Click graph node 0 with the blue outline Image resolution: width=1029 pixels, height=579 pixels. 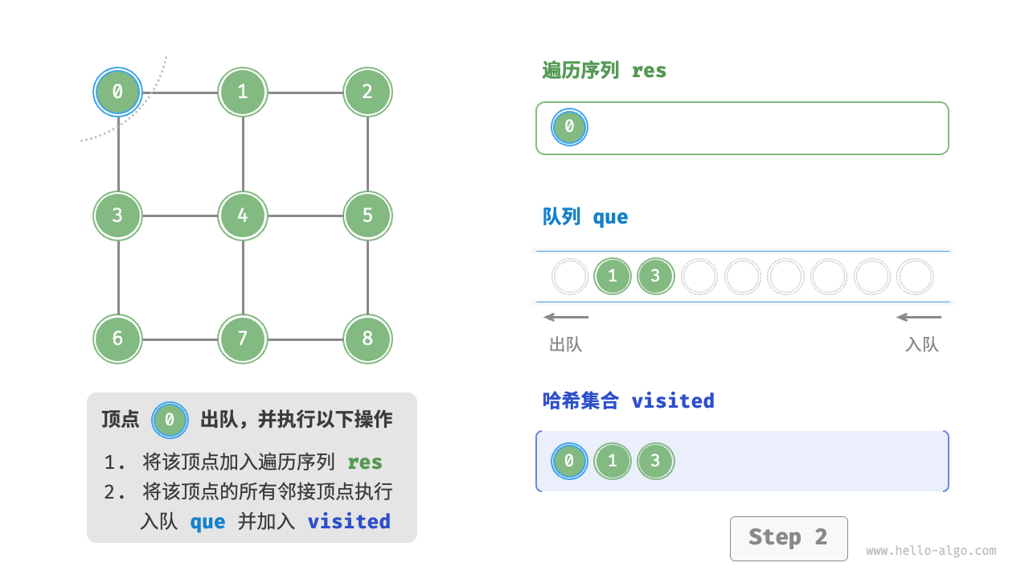pos(118,92)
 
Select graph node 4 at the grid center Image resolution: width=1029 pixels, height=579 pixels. pos(243,216)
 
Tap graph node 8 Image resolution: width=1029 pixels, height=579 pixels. pos(367,339)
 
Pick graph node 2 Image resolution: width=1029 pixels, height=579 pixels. pos(367,92)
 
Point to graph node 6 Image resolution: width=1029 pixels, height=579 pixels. pos(118,339)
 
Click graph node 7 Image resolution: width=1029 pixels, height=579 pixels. pos(243,339)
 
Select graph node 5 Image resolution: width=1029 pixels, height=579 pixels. pos(367,216)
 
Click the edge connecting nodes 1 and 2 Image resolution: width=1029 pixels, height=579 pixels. pos(305,92)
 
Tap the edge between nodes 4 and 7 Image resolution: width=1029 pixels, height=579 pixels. pos(243,277)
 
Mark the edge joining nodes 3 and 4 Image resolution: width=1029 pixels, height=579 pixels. pos(181,216)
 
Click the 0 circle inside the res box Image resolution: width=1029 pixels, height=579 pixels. pos(569,127)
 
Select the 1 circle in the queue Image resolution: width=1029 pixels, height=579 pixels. pos(613,277)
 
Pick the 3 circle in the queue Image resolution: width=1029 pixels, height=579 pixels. pos(655,277)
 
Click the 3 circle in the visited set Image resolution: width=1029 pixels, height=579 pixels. pos(655,462)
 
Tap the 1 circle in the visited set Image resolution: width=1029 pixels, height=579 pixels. pos(613,462)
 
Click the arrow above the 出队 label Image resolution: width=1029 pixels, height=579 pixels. pos(566,317)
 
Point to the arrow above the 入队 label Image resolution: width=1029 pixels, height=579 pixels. pos(919,317)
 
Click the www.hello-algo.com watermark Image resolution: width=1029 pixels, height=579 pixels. pos(931,551)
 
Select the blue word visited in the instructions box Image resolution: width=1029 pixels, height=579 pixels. pos(349,521)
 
